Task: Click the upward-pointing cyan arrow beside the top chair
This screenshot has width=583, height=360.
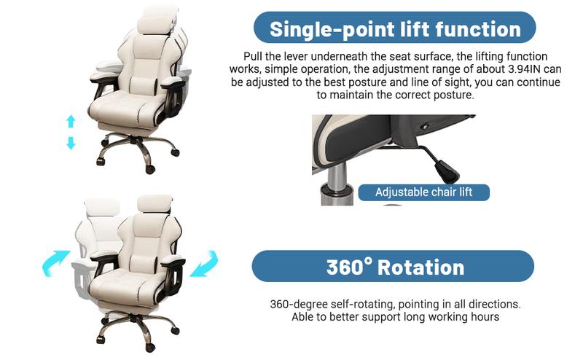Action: pos(71,121)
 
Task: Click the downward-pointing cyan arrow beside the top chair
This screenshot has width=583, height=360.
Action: pos(71,143)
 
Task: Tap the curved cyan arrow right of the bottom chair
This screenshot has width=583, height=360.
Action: pos(205,264)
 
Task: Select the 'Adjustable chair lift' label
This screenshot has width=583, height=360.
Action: pos(423,192)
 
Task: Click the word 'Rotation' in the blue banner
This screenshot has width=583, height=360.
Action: pos(421,267)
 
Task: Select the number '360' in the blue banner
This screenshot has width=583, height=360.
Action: pos(345,267)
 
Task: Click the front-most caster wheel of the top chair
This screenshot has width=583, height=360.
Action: pos(150,170)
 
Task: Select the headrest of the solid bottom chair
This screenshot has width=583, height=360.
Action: pos(154,204)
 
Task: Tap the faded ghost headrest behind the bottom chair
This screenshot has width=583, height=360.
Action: pos(101,208)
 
